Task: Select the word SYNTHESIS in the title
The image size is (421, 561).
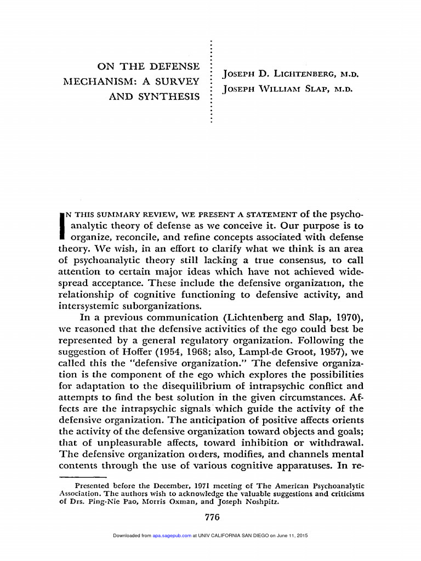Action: [x=170, y=97]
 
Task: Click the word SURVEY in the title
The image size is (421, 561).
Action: [x=178, y=82]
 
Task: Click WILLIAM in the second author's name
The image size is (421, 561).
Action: [x=285, y=89]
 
